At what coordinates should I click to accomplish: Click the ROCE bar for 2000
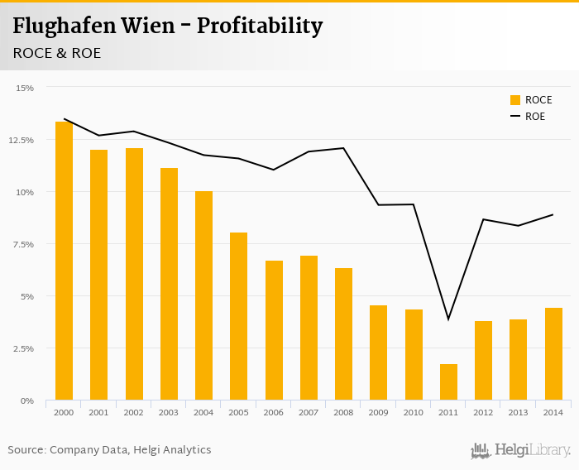point(64,261)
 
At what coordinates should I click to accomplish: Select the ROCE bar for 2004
point(203,295)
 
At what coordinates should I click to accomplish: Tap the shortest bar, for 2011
point(448,382)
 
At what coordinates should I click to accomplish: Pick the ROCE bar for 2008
point(343,334)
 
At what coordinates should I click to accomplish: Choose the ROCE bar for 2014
point(553,354)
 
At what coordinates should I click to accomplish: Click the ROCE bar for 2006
point(274,330)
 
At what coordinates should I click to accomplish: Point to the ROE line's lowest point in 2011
point(448,319)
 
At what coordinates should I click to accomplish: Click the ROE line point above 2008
point(343,148)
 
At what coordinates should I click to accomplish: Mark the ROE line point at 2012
point(484,219)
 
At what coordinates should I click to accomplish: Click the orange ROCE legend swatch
point(515,100)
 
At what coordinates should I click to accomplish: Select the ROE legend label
point(535,117)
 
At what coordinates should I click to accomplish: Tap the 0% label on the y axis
point(28,400)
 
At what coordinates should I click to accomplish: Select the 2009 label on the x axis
point(379,411)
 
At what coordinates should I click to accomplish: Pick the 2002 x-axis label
point(134,411)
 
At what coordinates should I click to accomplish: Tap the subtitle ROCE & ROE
point(57,53)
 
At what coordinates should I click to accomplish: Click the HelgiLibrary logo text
point(532,451)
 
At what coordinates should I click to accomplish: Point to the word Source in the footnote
point(26,450)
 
